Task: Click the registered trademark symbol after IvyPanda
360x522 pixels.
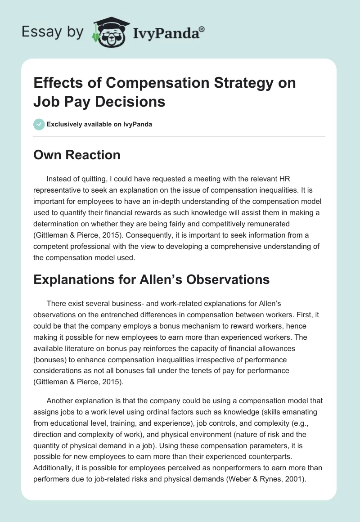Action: [202, 29]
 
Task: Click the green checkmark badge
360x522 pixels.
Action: [39, 124]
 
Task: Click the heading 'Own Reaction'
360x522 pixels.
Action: [77, 155]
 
